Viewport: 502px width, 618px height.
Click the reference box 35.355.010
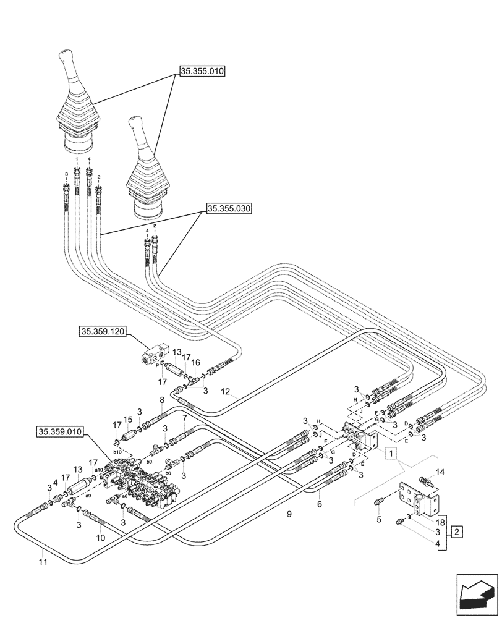202,72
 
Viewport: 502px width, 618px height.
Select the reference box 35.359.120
103,332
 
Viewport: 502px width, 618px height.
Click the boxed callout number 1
391,454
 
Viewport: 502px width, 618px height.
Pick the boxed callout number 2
456,531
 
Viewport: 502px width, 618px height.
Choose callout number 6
320,504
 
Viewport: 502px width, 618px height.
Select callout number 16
196,362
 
